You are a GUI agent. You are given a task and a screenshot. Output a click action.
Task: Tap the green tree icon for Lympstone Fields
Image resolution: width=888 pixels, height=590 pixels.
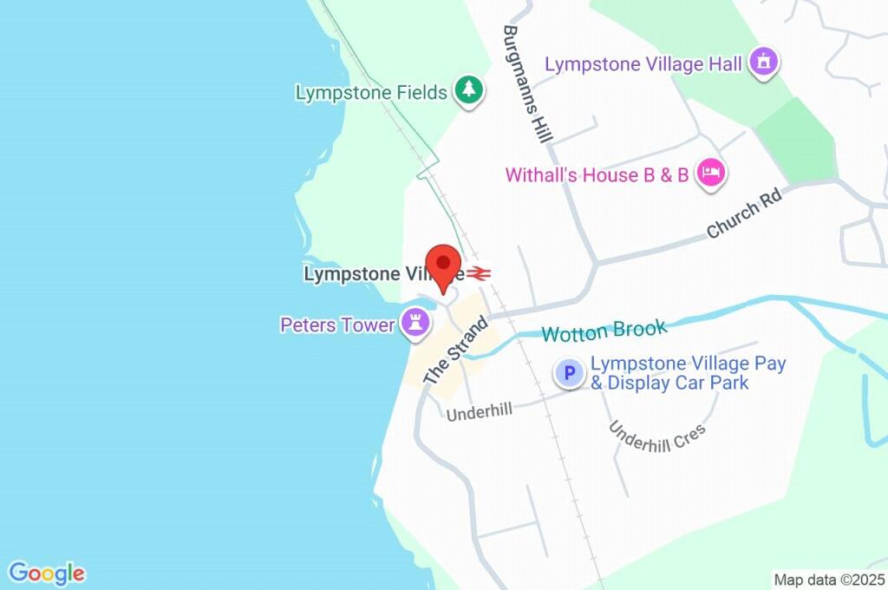(x=469, y=89)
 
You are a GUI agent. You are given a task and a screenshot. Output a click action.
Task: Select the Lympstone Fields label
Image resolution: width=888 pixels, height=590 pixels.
(x=371, y=92)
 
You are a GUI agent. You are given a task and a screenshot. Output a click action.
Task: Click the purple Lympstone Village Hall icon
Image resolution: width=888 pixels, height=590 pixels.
(x=764, y=62)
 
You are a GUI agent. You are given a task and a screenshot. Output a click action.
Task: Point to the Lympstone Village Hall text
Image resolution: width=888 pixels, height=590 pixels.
(x=643, y=64)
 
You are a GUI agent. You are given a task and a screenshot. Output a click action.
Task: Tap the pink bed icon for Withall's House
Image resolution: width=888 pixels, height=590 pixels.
(x=711, y=172)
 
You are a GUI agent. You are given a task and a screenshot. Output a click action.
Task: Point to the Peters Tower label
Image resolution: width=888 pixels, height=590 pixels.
(x=337, y=325)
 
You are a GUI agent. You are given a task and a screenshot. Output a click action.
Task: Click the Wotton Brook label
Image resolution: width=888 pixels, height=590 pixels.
(x=604, y=331)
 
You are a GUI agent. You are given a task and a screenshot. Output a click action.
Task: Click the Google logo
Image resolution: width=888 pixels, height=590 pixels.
(x=47, y=573)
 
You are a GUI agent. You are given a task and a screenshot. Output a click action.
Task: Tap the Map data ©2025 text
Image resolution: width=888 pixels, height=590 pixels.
(x=829, y=579)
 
